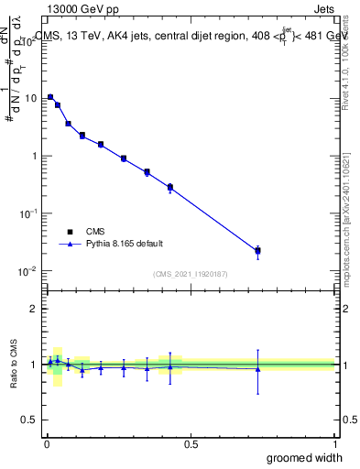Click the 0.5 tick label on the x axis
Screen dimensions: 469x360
pos(191,444)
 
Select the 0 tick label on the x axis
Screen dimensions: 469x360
pos(46,444)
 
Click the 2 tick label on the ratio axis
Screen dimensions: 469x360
pos(35,309)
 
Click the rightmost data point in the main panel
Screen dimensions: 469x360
pos(258,250)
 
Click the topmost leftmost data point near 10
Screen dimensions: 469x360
pos(50,97)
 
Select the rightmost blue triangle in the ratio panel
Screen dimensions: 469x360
pos(258,369)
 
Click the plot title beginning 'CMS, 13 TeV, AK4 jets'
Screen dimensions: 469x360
pos(192,37)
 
